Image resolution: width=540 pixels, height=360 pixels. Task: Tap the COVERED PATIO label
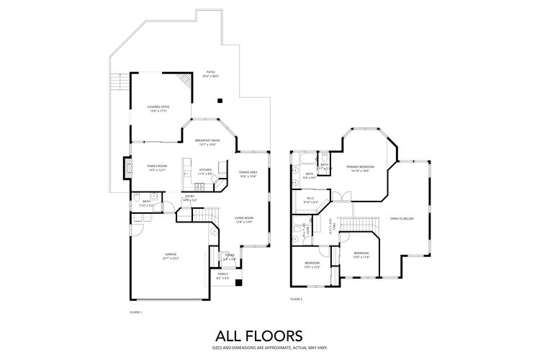coord(158,108)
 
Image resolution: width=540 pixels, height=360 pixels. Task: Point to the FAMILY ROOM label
coord(157,168)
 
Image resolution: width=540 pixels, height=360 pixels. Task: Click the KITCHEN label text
coord(205,171)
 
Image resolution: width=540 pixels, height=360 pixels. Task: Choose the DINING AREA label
coord(248,174)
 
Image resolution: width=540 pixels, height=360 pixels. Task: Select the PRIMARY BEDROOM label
coord(358,168)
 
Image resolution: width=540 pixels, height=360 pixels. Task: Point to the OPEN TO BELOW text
coord(401,218)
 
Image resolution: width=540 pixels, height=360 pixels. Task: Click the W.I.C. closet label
coord(311,199)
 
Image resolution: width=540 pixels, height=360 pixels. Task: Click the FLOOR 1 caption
coord(135,312)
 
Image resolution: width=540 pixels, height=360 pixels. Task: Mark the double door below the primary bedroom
coord(345,195)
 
